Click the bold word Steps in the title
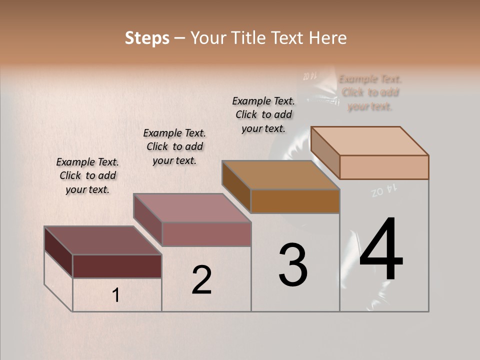(x=147, y=38)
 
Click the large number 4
(x=381, y=250)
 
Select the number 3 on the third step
(x=293, y=265)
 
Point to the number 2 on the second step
(x=201, y=280)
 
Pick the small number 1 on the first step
(x=116, y=295)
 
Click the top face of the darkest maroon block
(x=102, y=240)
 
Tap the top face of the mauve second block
(x=192, y=208)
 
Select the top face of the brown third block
(x=280, y=175)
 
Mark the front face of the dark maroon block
(x=117, y=266)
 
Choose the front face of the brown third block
(x=295, y=201)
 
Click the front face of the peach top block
(x=384, y=167)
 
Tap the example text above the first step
(x=87, y=175)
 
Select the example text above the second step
(x=174, y=146)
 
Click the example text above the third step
(x=263, y=114)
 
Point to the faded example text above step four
(x=370, y=92)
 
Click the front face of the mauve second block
(x=206, y=234)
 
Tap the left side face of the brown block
(x=236, y=186)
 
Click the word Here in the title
(x=327, y=38)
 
